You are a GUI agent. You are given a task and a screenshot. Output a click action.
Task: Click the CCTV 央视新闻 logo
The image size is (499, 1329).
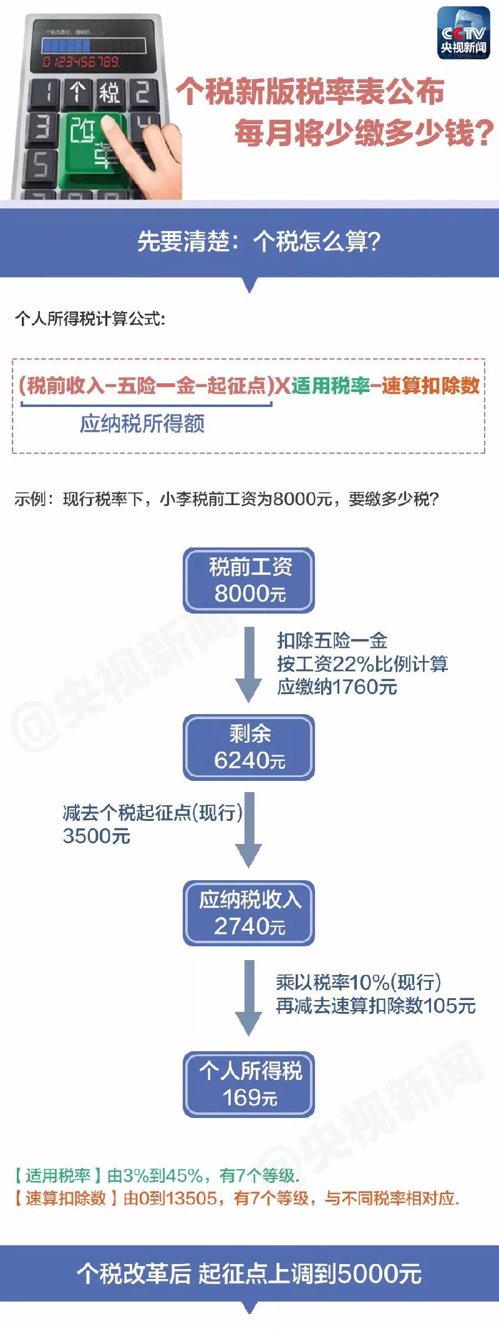pos(463,34)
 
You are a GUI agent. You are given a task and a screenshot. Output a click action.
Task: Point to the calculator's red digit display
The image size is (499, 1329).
pos(81,61)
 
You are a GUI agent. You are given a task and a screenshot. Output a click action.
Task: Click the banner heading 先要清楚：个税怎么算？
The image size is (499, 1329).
pos(258,242)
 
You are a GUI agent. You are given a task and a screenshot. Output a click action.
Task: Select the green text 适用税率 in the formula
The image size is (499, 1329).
pos(331,386)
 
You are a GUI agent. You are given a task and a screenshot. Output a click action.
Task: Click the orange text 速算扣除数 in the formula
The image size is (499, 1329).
pos(430,386)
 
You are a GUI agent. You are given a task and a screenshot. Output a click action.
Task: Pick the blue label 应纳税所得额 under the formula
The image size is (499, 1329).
pos(142,424)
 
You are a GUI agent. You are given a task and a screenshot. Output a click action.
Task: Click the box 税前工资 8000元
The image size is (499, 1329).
pos(249,580)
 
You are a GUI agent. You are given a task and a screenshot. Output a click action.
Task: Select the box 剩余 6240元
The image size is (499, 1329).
pos(249,747)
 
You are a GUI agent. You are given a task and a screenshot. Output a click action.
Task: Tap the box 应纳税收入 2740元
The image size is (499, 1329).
pos(249,913)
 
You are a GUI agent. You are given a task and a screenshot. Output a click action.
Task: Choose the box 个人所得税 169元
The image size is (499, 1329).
pos(249,1084)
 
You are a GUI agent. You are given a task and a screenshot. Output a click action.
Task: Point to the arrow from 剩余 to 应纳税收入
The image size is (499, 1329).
pos(249,830)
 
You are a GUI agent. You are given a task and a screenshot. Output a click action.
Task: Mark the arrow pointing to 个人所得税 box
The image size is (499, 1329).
pos(249,998)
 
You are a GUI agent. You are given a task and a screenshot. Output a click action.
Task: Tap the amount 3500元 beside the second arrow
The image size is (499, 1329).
pos(97,836)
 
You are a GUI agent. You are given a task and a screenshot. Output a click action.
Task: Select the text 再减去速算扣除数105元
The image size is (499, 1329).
pos(375,1006)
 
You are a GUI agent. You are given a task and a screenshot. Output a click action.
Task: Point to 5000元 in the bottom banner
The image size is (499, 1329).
pos(379,1273)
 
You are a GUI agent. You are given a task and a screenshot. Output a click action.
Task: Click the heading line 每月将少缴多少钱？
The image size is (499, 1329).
pos(364,133)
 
